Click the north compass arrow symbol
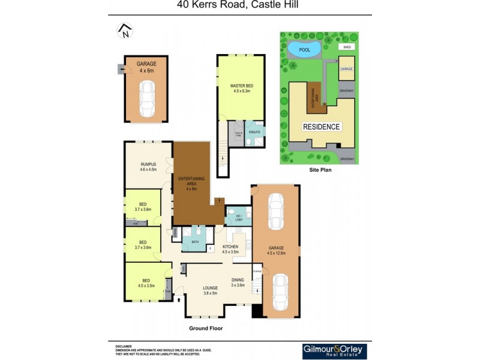124,31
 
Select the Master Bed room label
242,89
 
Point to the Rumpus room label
148,166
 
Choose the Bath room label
194,242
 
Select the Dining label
238,282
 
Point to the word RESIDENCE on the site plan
321,127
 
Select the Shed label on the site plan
346,47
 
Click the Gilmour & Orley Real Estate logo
334,351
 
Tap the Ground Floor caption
206,328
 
